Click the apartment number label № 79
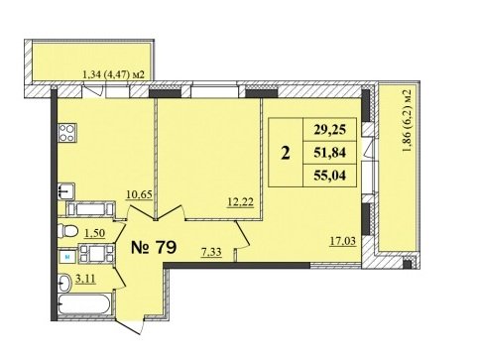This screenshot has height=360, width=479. click(x=154, y=247)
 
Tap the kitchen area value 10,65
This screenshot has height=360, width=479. click(x=139, y=194)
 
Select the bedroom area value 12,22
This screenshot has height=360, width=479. click(x=241, y=201)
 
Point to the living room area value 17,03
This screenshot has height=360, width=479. click(x=343, y=241)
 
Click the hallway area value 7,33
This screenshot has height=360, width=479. click(x=211, y=253)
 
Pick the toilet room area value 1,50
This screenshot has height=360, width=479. click(x=94, y=233)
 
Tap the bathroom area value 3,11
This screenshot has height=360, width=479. click(x=85, y=279)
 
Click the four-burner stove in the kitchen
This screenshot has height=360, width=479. click(x=67, y=133)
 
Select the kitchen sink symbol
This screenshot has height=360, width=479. click(x=66, y=191)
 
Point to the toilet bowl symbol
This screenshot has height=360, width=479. click(x=67, y=231)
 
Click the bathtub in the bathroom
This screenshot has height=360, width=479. click(x=84, y=304)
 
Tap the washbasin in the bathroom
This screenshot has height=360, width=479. click(x=65, y=283)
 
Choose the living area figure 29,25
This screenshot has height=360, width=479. click(x=330, y=129)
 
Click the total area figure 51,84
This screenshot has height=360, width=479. click(x=330, y=153)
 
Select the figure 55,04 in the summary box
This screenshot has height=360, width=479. click(x=330, y=176)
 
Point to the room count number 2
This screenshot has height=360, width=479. click(x=286, y=153)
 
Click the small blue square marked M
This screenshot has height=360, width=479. click(x=67, y=257)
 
